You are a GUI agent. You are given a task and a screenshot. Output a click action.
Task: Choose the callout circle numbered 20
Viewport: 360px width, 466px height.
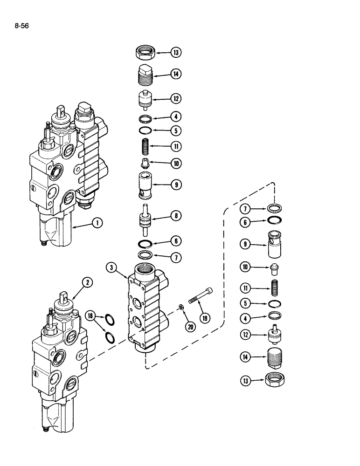[190, 327]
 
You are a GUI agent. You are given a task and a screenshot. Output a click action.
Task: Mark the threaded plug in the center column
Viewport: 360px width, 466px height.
[146, 74]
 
